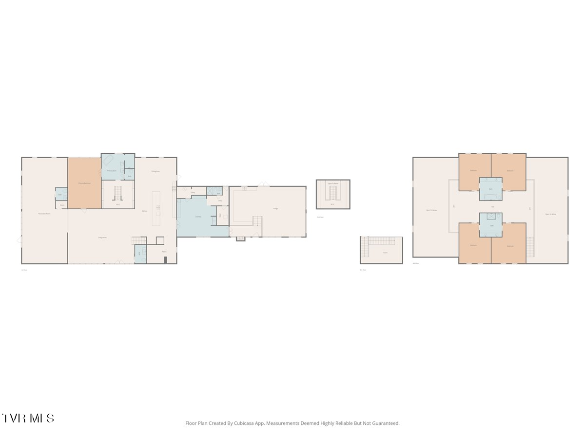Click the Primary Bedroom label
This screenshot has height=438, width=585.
coord(84,183)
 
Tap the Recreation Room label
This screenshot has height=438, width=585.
coord(44,214)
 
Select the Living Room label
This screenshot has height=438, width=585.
coord(102,238)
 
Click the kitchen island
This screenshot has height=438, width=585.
coord(156,208)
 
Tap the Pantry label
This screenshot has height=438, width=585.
coord(164,252)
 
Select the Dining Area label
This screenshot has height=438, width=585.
coord(156,171)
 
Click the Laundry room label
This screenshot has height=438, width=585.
coord(198,216)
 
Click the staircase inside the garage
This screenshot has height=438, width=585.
coord(257,221)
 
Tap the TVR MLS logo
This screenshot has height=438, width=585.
coord(28,418)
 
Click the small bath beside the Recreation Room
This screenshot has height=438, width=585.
coord(61,194)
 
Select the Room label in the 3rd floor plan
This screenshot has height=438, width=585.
coord(385,253)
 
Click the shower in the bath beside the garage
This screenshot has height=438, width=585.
coord(212,191)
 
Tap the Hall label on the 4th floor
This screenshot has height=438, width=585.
coord(493,207)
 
